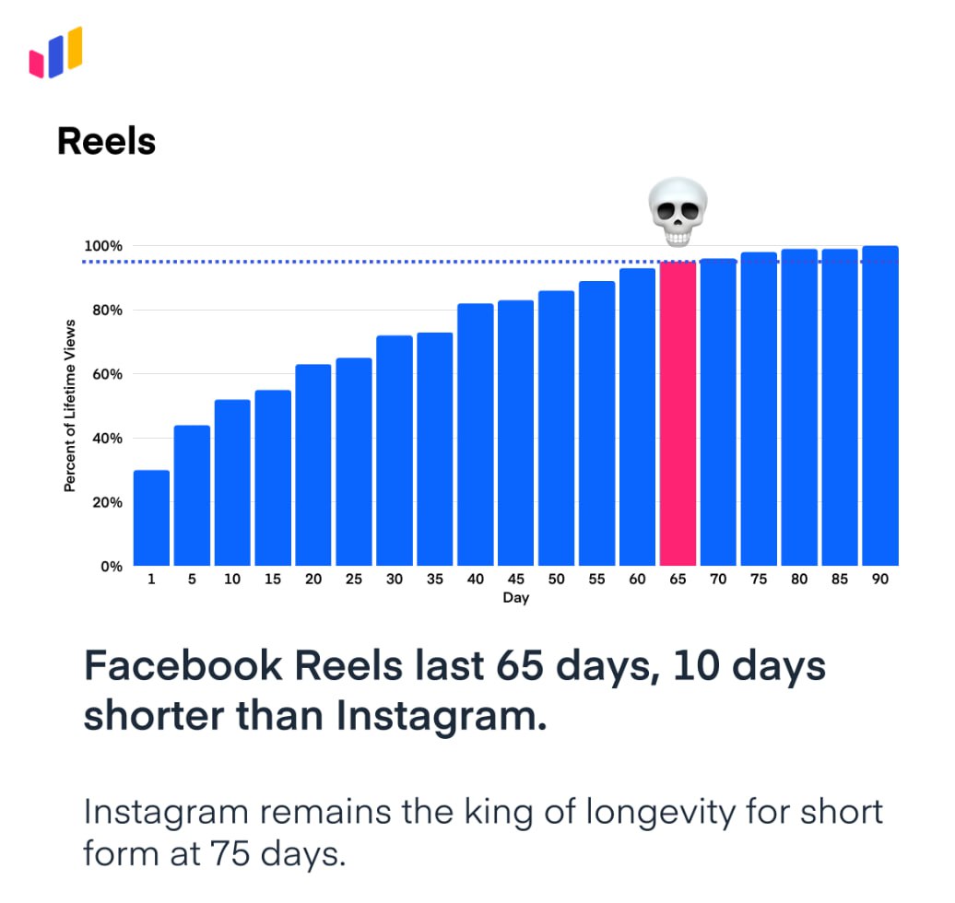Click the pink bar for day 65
pos(678,415)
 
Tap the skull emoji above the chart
pos(678,213)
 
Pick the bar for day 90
pos(880,406)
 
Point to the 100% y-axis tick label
pos(103,246)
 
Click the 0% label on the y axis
pos(111,567)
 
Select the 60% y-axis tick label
pos(106,374)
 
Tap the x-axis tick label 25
pos(353,580)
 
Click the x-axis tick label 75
pos(759,580)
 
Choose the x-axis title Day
pos(515,599)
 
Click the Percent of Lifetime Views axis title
pos(69,406)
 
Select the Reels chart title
pos(106,142)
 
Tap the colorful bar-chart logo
pos(56,53)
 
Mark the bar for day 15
pos(273,478)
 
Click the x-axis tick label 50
pos(556,580)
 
